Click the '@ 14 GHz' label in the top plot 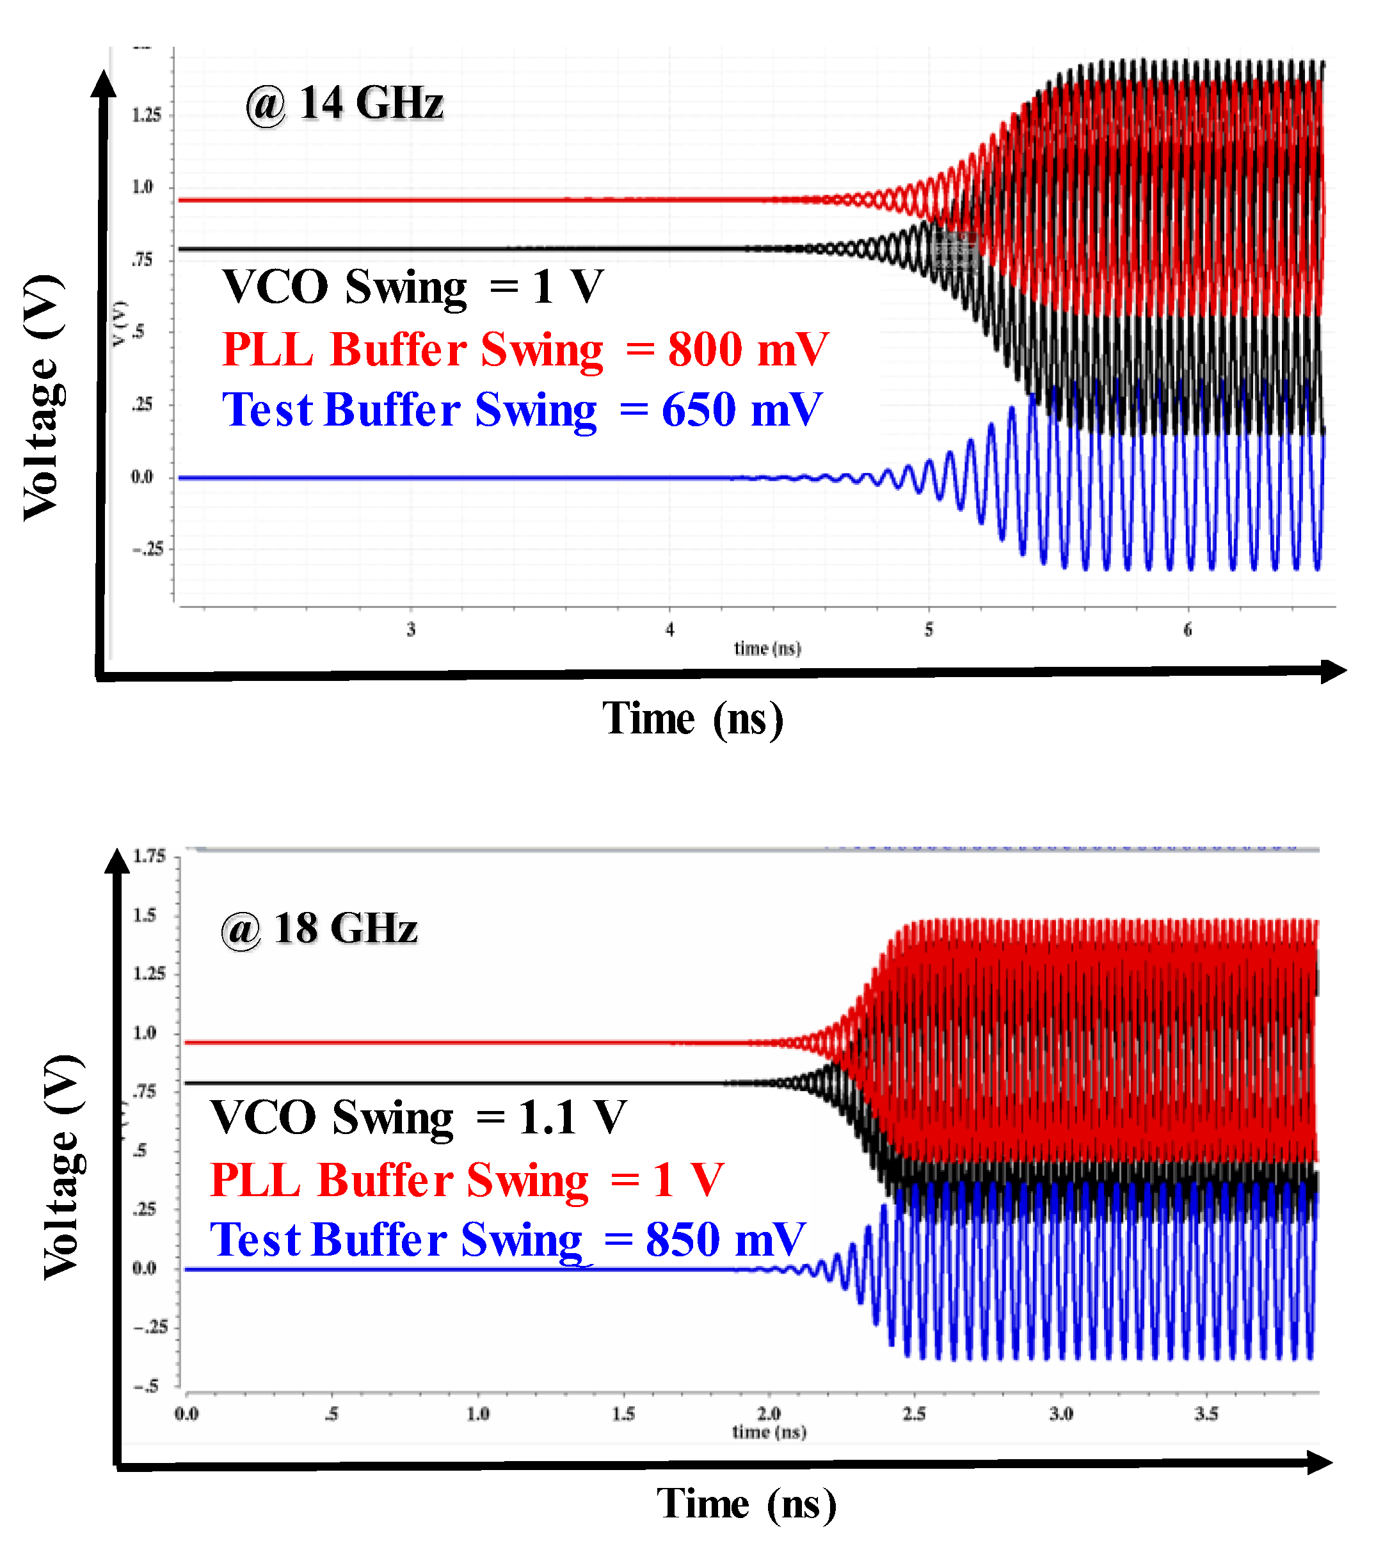(344, 104)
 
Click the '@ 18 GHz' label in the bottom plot (319, 929)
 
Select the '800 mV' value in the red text (748, 349)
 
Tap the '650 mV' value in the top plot (742, 410)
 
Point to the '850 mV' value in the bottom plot (725, 1240)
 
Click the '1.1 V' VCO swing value (572, 1117)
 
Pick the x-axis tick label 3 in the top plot (412, 629)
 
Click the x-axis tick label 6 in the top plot (1187, 629)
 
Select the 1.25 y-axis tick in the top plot (147, 115)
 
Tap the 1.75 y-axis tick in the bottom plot (149, 856)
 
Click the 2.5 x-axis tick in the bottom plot (914, 1413)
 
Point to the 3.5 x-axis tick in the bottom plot (1206, 1413)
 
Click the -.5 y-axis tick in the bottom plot (147, 1386)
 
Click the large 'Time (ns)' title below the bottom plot (746, 1504)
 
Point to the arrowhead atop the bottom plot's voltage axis (117, 860)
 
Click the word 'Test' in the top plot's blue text (267, 410)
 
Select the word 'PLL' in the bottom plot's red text (255, 1179)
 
